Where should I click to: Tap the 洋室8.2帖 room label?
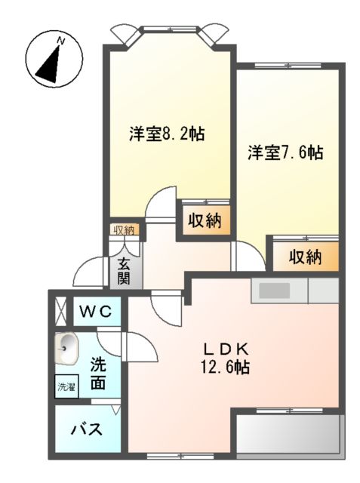coord(167,134)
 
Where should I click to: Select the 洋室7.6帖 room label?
coord(286,152)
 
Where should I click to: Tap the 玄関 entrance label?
coord(125,272)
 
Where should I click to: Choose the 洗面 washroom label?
coord(98,372)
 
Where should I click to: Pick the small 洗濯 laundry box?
coord(66,386)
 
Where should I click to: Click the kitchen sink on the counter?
coord(272,290)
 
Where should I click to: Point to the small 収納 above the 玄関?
coord(124,230)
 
